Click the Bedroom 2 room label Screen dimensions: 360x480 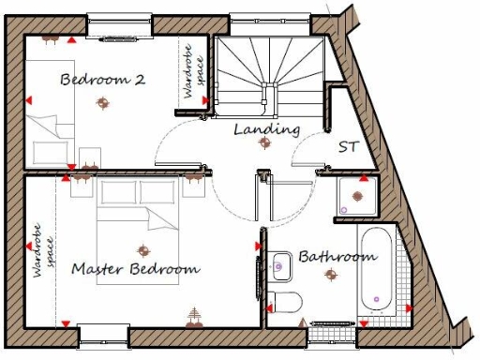point(102,80)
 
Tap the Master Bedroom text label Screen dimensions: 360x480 point(136,269)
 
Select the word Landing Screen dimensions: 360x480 point(266,128)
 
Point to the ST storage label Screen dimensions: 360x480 point(347,147)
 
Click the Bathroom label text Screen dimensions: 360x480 point(337,256)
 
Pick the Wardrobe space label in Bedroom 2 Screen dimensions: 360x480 point(190,73)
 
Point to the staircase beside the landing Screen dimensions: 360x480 point(269,75)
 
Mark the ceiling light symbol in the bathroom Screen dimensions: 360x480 point(330,274)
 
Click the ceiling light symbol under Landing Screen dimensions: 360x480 point(265,143)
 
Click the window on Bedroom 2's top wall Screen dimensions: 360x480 point(120,21)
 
